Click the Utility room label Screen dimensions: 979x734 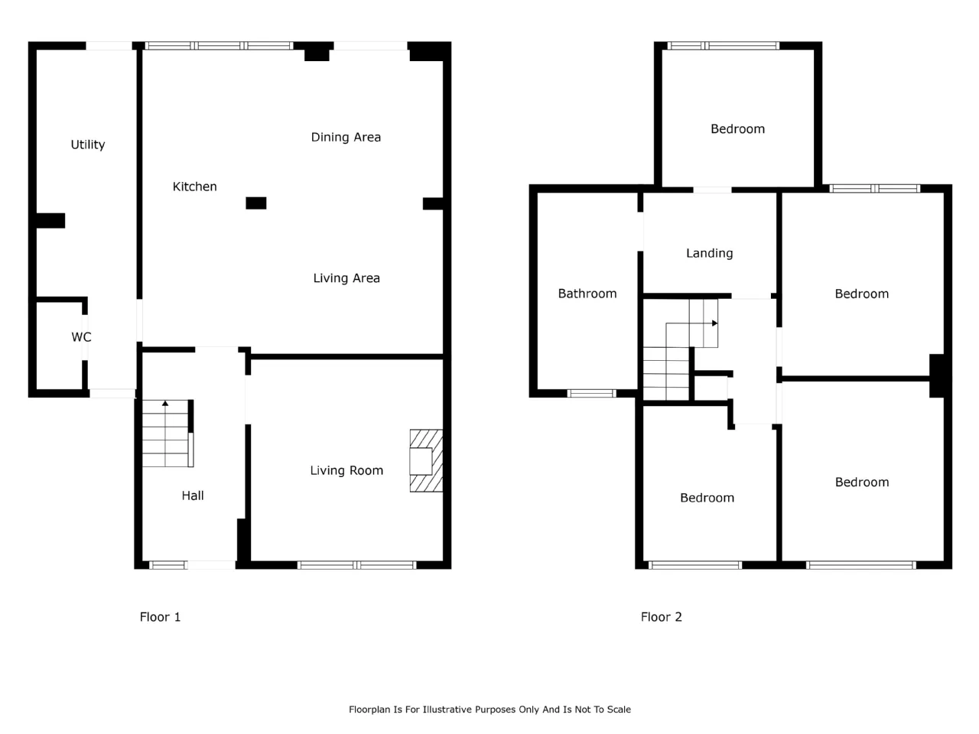click(88, 145)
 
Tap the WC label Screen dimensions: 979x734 click(81, 337)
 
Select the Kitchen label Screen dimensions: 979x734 click(194, 187)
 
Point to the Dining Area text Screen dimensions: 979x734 click(346, 138)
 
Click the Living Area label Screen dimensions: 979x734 click(346, 278)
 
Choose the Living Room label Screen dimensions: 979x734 click(346, 471)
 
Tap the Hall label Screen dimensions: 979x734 click(193, 495)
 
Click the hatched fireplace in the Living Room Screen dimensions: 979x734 click(426, 460)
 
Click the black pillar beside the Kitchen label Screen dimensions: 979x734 click(256, 203)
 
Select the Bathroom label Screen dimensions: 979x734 click(587, 294)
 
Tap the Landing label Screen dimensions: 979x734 click(709, 254)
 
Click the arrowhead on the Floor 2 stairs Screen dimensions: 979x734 click(714, 323)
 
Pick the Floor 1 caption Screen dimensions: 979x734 click(160, 617)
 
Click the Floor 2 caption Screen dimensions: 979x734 click(661, 617)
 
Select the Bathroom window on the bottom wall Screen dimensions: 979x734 click(591, 393)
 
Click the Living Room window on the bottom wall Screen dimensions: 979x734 click(357, 565)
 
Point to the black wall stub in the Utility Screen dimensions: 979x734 click(50, 221)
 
